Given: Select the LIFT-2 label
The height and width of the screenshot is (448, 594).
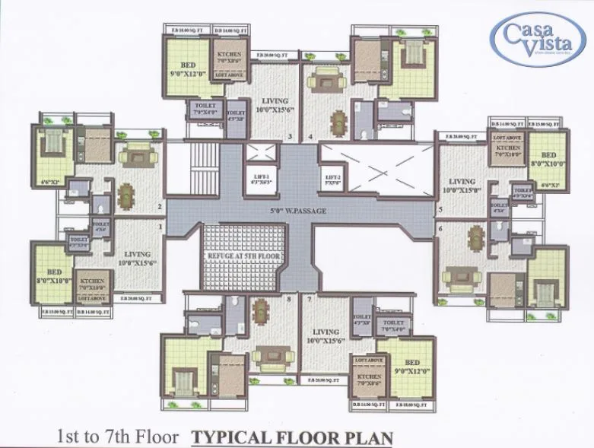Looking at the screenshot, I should point(332,180).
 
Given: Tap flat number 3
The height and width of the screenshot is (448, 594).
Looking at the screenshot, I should point(289,137).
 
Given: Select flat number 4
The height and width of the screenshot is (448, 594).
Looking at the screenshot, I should point(311,137).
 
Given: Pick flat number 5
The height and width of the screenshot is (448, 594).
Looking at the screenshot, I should point(440,208).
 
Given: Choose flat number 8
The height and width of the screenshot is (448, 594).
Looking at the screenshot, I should point(288,299).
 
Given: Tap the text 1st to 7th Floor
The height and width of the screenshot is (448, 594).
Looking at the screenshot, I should point(118,437).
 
